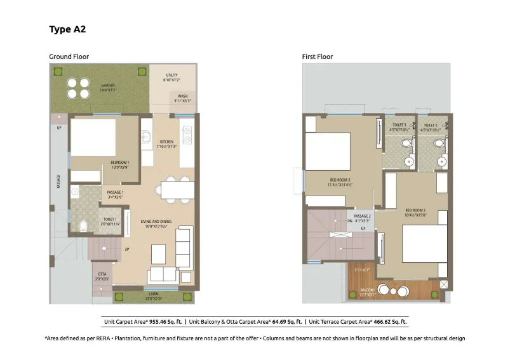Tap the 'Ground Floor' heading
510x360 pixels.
click(69, 57)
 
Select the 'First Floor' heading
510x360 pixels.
click(317, 57)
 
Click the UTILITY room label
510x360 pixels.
click(171, 77)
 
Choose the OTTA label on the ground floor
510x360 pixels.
click(102, 276)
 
